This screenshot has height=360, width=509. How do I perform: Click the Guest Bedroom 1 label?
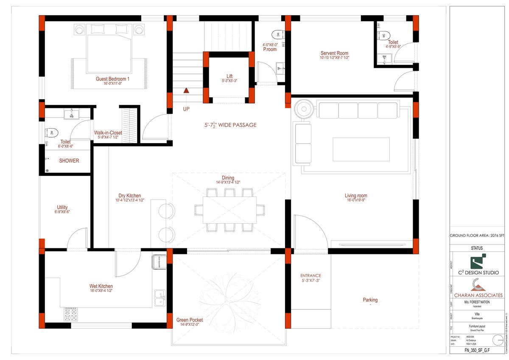click(x=112, y=79)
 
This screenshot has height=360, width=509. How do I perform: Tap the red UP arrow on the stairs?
click(x=186, y=90)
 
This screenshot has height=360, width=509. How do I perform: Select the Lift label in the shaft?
click(x=229, y=76)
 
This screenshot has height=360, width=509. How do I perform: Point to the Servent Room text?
click(x=334, y=53)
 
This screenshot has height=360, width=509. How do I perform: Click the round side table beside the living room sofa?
click(x=304, y=109)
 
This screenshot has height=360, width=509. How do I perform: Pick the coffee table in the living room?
click(x=361, y=149)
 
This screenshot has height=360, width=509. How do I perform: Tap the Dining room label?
click(x=228, y=178)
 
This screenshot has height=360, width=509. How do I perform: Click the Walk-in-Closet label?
click(x=108, y=133)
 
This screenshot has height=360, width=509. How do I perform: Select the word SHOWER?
click(x=69, y=161)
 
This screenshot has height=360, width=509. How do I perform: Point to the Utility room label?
click(x=62, y=208)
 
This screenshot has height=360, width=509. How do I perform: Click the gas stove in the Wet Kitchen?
click(x=71, y=315)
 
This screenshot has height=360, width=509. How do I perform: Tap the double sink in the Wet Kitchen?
click(x=160, y=298)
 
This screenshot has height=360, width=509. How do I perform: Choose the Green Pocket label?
click(x=189, y=320)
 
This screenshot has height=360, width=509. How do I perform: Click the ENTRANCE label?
click(x=310, y=276)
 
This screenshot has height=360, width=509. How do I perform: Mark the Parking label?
click(x=370, y=300)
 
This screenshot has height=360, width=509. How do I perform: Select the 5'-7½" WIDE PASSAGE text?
click(x=230, y=125)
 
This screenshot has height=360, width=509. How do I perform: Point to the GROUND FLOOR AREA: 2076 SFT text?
click(x=477, y=235)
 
